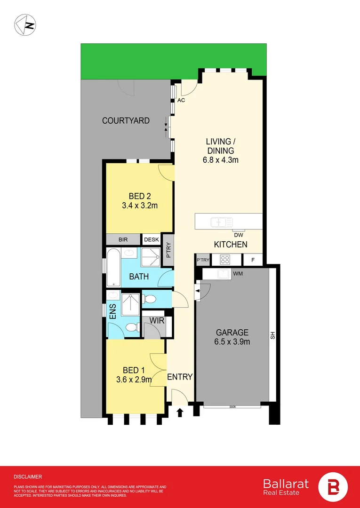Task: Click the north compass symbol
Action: tap(25, 25)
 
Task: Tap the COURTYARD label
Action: tap(126, 121)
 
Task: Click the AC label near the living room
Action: tap(181, 101)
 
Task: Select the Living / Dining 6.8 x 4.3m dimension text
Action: tap(219, 160)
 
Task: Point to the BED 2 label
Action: tap(139, 196)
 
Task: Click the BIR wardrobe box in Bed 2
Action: tap(123, 239)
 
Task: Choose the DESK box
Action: tap(151, 239)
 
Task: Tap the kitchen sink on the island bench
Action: tap(221, 222)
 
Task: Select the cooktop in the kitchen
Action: tap(225, 259)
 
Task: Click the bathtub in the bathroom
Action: tap(113, 267)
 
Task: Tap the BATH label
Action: tap(139, 277)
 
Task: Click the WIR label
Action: tap(156, 321)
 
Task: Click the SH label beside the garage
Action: tap(272, 336)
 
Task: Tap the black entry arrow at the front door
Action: tap(179, 413)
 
